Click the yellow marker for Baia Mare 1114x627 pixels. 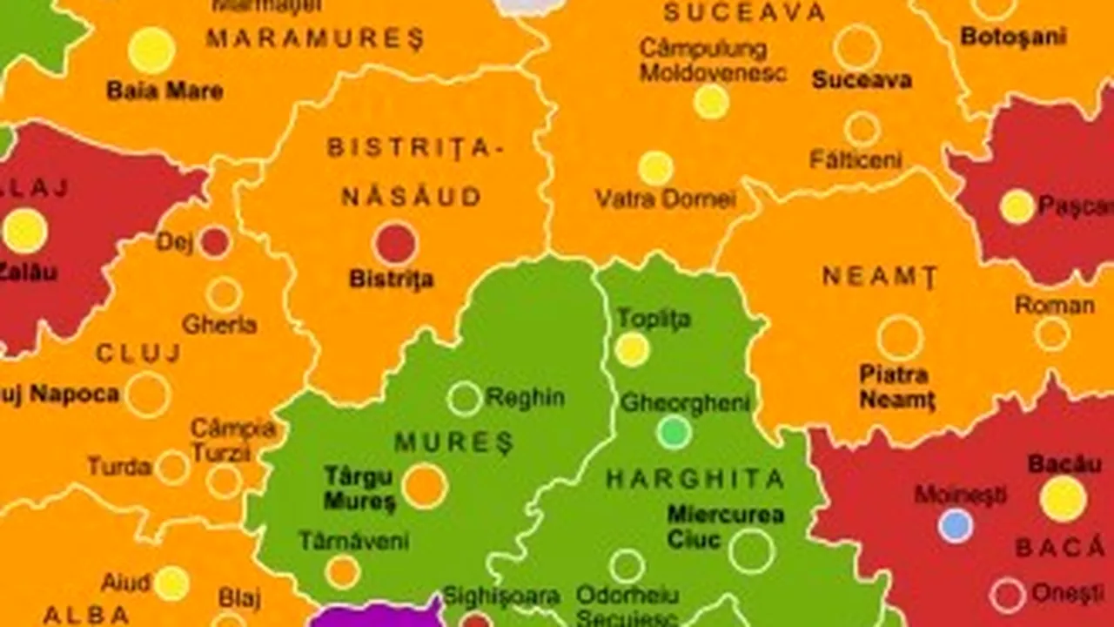(x=151, y=50)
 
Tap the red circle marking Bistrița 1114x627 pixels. (x=396, y=243)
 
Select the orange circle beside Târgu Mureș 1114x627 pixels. (x=425, y=486)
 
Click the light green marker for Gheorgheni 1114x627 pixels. (x=674, y=432)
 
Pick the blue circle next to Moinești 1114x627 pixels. (x=956, y=525)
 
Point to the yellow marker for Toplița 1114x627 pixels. (x=633, y=349)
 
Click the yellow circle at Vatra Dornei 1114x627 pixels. (x=655, y=168)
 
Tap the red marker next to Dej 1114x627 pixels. (x=215, y=242)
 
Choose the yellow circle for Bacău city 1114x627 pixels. (x=1063, y=499)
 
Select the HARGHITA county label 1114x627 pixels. (x=695, y=478)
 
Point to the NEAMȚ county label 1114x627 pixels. (x=880, y=277)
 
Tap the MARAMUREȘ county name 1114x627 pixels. (x=315, y=38)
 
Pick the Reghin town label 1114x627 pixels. (x=525, y=398)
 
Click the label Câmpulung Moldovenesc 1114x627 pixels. (x=713, y=60)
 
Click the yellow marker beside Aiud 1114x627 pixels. (x=171, y=583)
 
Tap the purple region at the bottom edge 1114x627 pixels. (x=374, y=616)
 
